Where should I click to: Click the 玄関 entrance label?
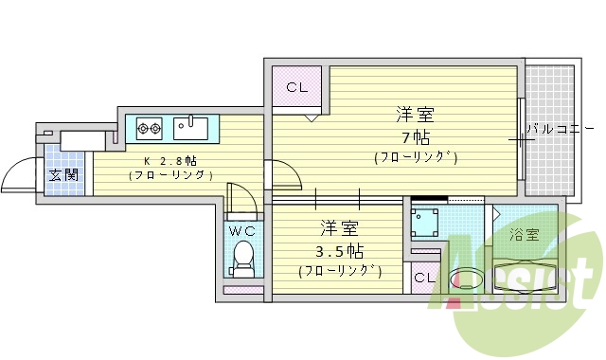64,174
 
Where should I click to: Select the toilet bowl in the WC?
243,257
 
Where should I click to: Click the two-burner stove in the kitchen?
150,125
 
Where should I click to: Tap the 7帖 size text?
414,135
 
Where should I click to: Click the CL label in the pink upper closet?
297,88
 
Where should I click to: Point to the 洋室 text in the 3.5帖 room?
339,228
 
